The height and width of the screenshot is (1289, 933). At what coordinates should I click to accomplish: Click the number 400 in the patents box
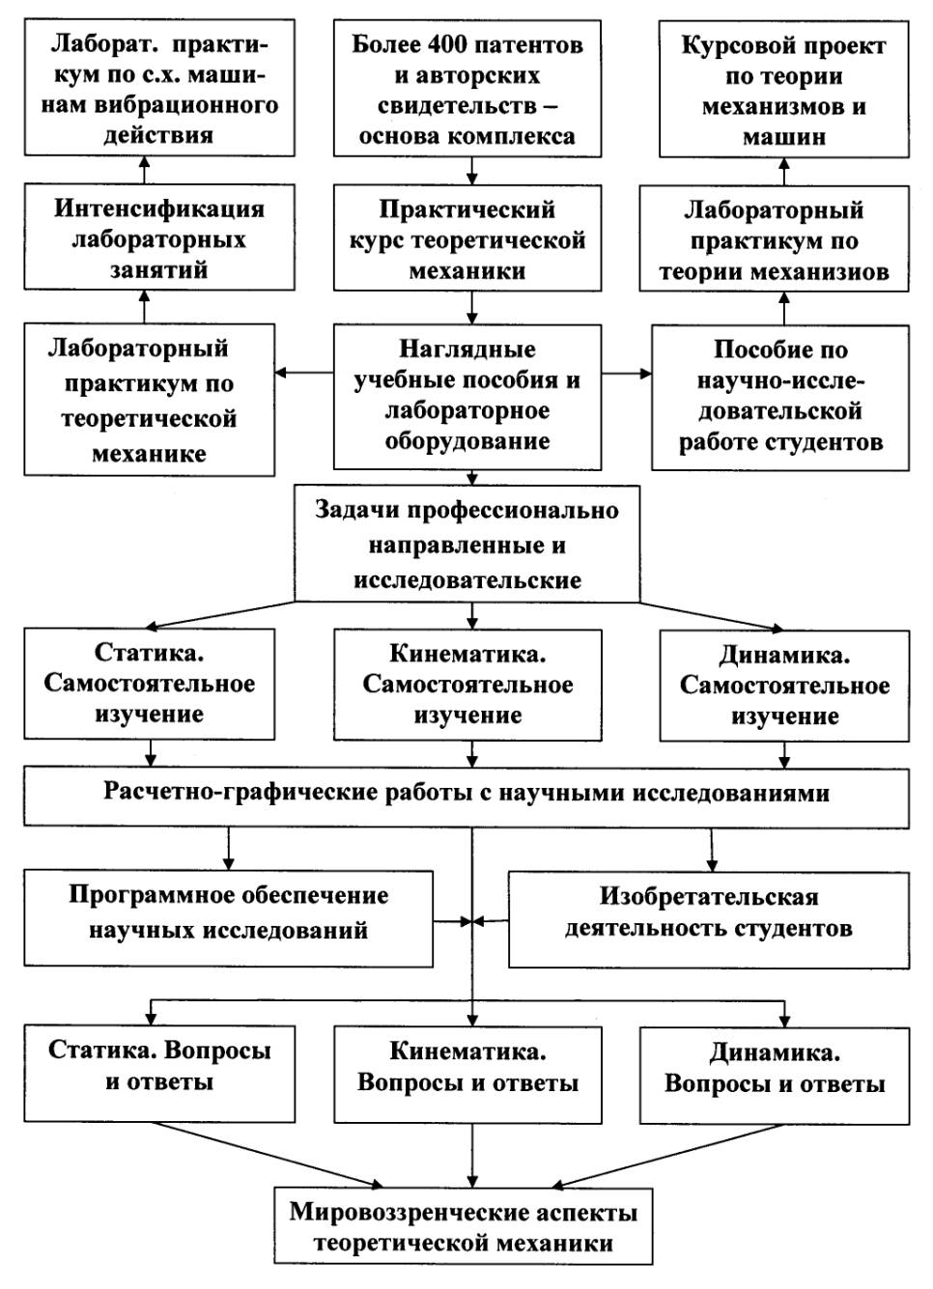click(x=448, y=45)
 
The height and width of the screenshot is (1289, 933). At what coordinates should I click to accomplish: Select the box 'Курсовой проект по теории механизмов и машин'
click(x=783, y=92)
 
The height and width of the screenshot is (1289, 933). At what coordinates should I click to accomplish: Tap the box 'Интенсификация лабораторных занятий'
click(x=159, y=238)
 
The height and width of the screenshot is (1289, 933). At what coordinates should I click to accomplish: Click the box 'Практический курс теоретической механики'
click(x=467, y=239)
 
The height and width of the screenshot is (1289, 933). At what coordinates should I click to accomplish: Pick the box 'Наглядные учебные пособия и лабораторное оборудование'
click(x=467, y=396)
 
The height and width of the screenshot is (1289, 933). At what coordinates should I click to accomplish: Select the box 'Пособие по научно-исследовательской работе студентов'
click(x=780, y=397)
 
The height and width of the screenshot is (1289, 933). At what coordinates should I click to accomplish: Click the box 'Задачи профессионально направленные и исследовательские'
click(x=467, y=546)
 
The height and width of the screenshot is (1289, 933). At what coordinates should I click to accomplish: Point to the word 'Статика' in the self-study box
click(x=150, y=653)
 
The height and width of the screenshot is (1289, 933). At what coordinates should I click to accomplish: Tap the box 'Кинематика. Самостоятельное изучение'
click(x=467, y=685)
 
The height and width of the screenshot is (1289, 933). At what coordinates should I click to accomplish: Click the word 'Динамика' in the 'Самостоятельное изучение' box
click(x=784, y=655)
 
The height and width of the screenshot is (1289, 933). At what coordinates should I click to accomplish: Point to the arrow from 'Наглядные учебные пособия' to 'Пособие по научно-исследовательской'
click(x=626, y=374)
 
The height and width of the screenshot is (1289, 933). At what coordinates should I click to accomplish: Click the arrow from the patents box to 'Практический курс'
click(x=472, y=170)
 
